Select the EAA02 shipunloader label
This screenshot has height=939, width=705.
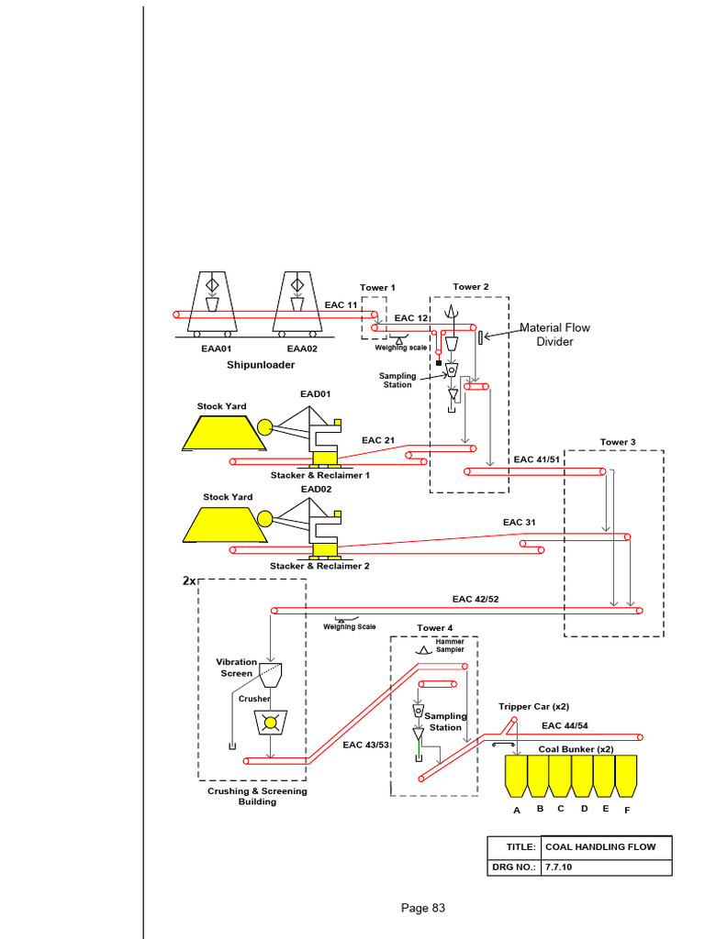tap(302, 348)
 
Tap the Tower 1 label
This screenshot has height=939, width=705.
tap(377, 288)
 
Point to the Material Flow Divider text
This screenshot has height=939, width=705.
tap(554, 335)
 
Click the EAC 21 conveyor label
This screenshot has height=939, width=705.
tap(378, 440)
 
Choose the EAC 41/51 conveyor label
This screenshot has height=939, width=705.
tap(537, 459)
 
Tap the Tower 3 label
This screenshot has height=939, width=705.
tap(618, 442)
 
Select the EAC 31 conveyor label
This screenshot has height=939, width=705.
tap(519, 522)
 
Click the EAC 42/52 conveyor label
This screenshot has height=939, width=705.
tap(476, 599)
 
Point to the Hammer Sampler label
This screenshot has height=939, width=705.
tap(449, 646)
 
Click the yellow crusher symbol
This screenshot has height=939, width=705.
tap(270, 723)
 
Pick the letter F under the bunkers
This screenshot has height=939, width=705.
tap(627, 811)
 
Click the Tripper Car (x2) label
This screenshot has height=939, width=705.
tap(533, 706)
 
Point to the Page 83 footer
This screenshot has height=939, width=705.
tap(422, 908)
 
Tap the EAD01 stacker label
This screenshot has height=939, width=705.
tap(315, 394)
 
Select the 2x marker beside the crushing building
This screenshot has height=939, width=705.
tap(189, 581)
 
